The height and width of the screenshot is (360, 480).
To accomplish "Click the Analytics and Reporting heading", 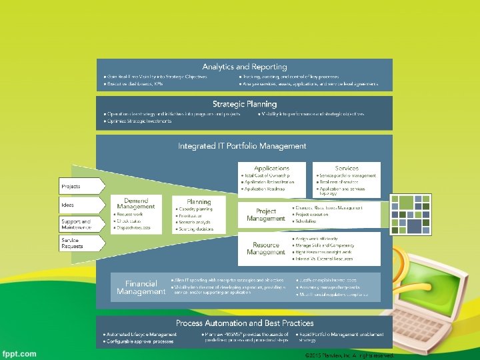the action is [x=245, y=67].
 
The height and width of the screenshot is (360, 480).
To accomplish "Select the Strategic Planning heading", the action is [x=245, y=104].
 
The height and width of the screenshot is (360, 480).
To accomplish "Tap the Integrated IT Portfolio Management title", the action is [x=242, y=145].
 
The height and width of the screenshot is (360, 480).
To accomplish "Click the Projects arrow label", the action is [x=71, y=186].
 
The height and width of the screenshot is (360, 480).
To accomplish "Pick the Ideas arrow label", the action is [x=69, y=204].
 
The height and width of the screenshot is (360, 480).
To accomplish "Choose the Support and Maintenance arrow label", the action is [x=76, y=224].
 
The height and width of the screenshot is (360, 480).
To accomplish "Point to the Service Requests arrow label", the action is [x=73, y=243].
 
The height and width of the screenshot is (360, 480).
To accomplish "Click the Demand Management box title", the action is [x=136, y=203].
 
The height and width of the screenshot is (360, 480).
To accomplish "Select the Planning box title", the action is [x=199, y=201].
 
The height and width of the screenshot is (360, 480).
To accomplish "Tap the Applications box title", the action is [x=271, y=168].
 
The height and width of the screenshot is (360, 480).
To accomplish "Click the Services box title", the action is [x=347, y=168].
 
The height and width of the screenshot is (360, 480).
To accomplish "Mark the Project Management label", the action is [x=265, y=215].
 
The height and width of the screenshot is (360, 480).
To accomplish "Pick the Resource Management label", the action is [x=265, y=248].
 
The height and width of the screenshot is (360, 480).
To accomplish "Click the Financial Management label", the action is [x=141, y=287].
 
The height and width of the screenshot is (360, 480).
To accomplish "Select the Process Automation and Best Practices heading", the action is [x=245, y=323].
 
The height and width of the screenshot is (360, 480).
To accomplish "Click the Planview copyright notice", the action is [x=349, y=356].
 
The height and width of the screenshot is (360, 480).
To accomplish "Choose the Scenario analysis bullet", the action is [x=195, y=222].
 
